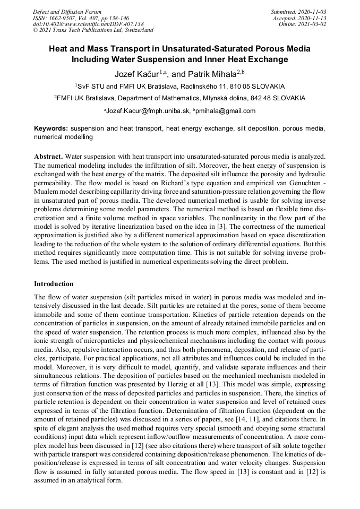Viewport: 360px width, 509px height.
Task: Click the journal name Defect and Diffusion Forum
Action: click(x=67, y=11)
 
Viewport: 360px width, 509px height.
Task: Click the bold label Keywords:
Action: click(x=51, y=129)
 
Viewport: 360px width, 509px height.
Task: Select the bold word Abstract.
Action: click(x=48, y=157)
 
